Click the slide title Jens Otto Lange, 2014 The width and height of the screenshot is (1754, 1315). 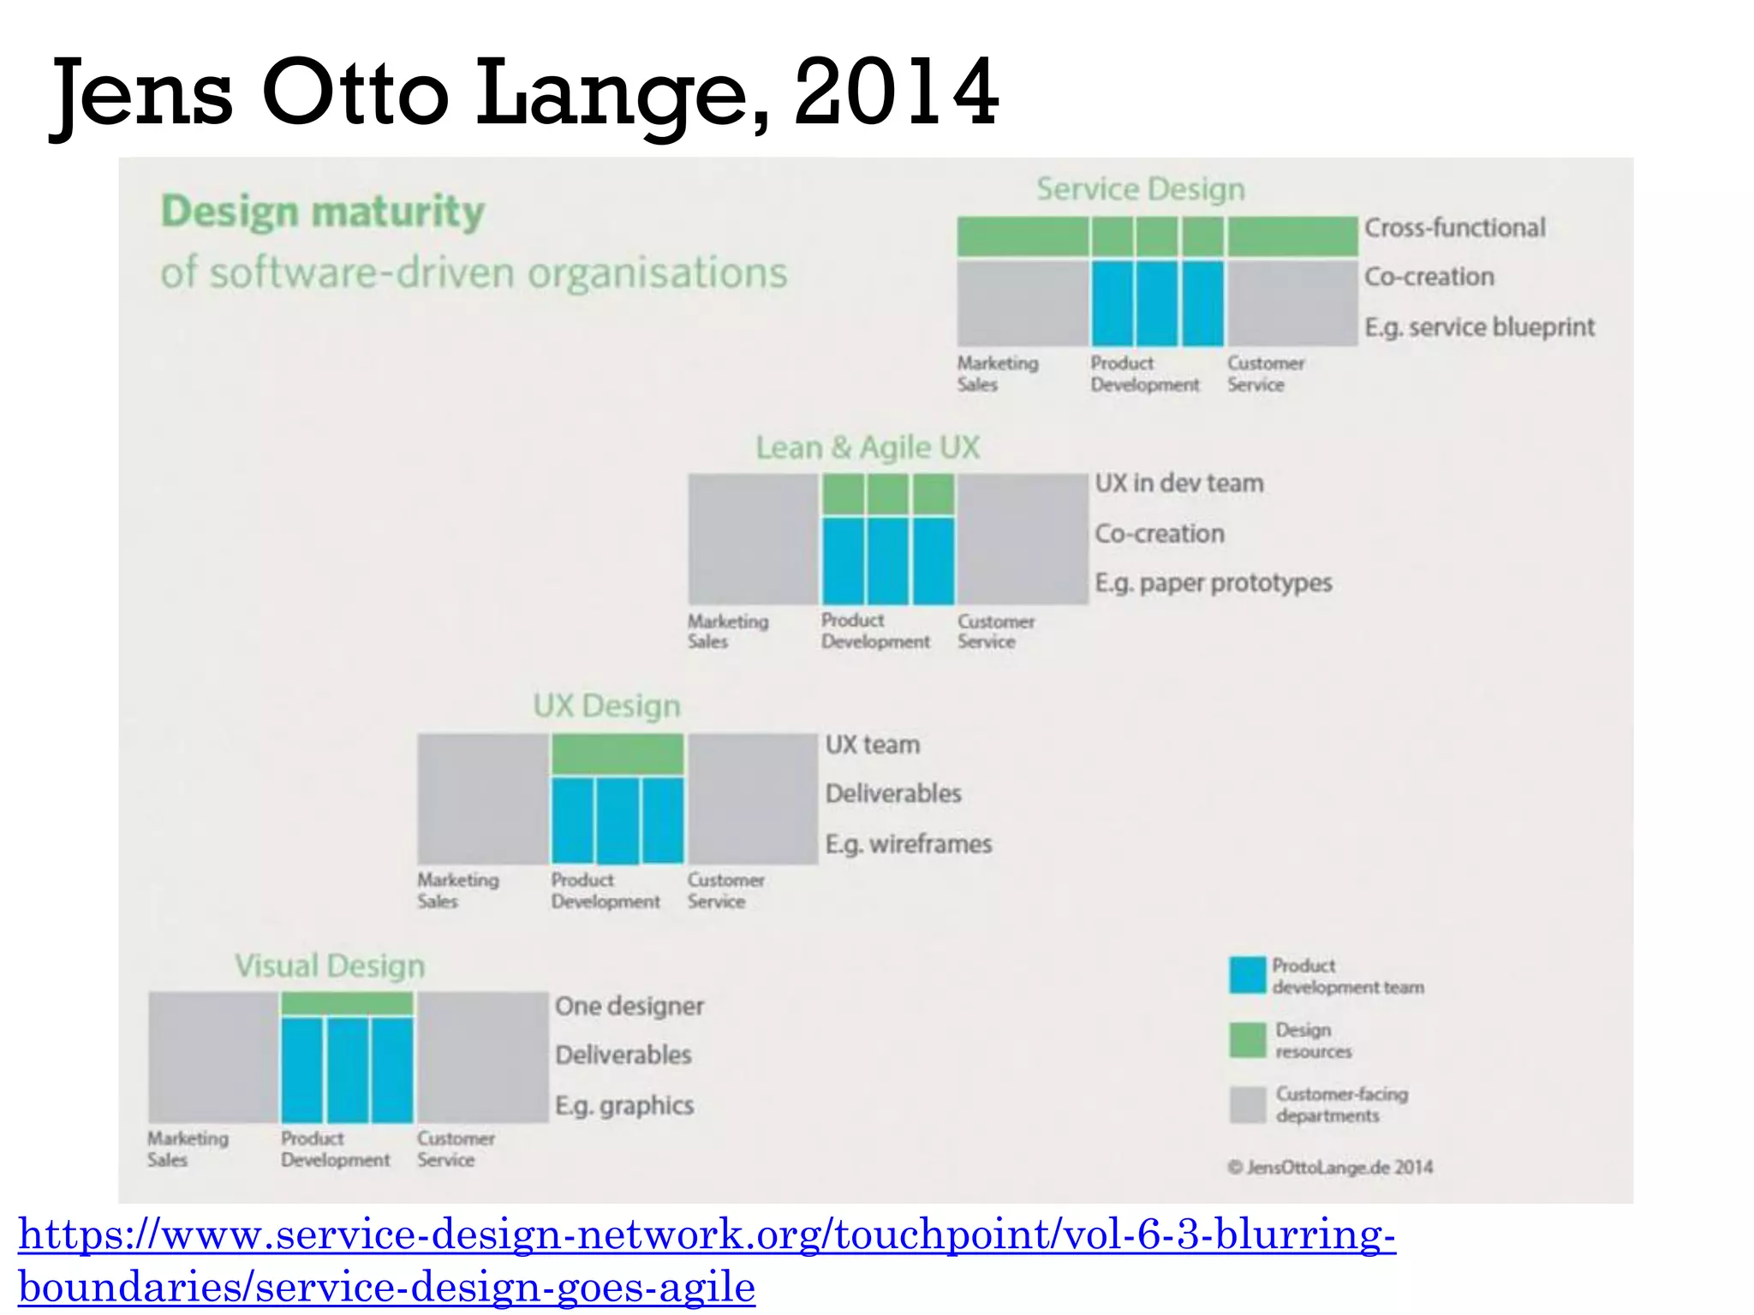(524, 92)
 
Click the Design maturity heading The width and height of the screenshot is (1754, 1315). (323, 211)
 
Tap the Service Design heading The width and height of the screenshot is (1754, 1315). (1140, 189)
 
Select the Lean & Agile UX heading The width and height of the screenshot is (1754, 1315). (867, 448)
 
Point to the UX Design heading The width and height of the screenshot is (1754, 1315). (606, 706)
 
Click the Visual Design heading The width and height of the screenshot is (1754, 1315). (330, 967)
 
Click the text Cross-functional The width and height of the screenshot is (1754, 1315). (1454, 228)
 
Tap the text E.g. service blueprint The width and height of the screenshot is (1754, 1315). (1479, 327)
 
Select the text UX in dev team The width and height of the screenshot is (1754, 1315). (1178, 484)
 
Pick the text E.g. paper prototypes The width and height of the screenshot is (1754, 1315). (1213, 583)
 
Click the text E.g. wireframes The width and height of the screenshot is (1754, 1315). (908, 844)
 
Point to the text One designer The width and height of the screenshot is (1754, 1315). (629, 1006)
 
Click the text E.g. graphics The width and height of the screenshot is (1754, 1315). (623, 1105)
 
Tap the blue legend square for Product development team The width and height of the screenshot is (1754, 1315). (1247, 975)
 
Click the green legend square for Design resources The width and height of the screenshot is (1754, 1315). (1247, 1040)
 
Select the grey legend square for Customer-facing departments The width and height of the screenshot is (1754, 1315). (1247, 1104)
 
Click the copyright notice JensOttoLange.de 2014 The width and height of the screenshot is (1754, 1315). (1330, 1168)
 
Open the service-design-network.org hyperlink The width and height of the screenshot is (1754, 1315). (706, 1236)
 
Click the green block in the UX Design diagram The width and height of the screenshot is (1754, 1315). (617, 754)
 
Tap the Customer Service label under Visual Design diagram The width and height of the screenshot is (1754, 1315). (455, 1149)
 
